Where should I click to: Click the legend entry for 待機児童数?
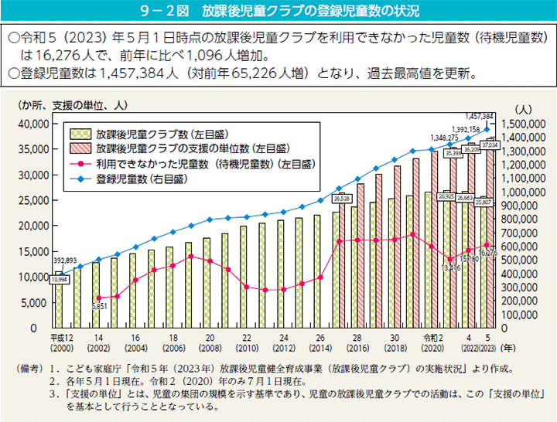(206, 163)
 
